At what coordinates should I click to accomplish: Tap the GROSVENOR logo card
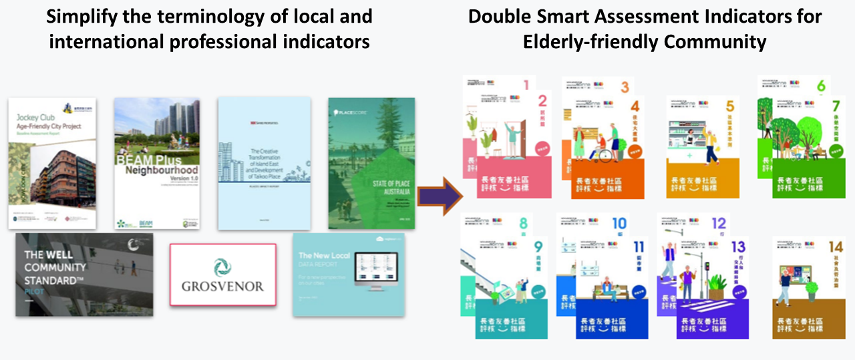click(x=222, y=275)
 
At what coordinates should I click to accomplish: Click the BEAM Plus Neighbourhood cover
click(x=157, y=164)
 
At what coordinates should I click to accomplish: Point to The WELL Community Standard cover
click(x=84, y=275)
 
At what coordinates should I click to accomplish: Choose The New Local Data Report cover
click(x=349, y=275)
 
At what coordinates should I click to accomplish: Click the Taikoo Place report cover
click(x=264, y=164)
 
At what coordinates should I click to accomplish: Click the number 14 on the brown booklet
click(x=836, y=248)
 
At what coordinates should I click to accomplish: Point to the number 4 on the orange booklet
click(x=635, y=106)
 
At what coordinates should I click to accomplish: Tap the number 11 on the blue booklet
click(x=638, y=247)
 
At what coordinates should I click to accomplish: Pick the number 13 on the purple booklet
click(x=738, y=247)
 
